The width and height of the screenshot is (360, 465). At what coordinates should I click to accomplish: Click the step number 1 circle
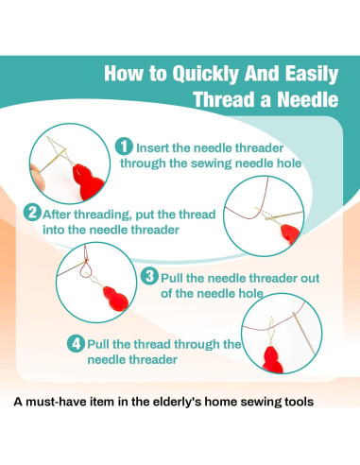coord(124,146)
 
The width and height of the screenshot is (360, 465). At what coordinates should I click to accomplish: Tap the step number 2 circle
coord(32,213)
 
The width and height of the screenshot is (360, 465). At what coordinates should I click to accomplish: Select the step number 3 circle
coord(149,277)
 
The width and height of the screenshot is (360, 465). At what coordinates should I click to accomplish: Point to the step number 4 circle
coord(76,344)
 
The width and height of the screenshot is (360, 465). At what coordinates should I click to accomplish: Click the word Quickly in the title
coord(206,75)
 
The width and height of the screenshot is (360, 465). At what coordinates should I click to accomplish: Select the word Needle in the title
coord(308,99)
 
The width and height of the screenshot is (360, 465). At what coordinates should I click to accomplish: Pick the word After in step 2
coord(57,215)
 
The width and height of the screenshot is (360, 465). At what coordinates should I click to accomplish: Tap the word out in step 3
coord(310,278)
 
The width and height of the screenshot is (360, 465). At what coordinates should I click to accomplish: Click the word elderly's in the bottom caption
coord(177,402)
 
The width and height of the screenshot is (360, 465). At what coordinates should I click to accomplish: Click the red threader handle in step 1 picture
coord(88,182)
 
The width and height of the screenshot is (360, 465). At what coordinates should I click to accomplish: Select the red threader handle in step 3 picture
coord(116,299)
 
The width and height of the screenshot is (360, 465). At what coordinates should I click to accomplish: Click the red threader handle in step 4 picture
coord(272,360)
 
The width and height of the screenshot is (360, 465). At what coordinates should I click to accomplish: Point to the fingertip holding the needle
coord(38,179)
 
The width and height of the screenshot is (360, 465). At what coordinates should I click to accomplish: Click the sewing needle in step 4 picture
coord(303,333)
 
